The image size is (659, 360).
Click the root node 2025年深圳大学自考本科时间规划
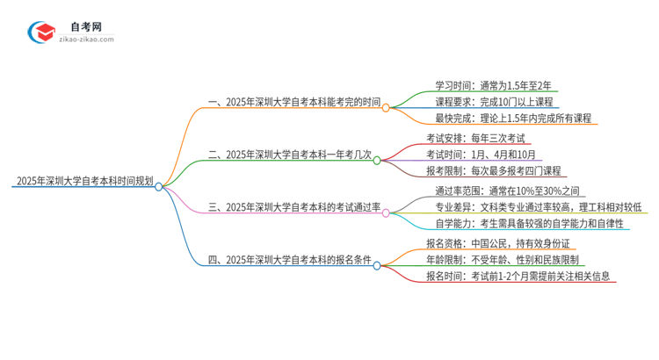coord(84,183)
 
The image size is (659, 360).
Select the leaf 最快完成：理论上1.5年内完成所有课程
coord(512,119)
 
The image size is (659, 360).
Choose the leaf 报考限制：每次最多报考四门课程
coord(493,170)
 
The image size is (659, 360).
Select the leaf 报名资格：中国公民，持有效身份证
coord(496,242)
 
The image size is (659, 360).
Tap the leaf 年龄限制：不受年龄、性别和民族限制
coord(502,259)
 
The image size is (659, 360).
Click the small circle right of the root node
coord(159,186)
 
